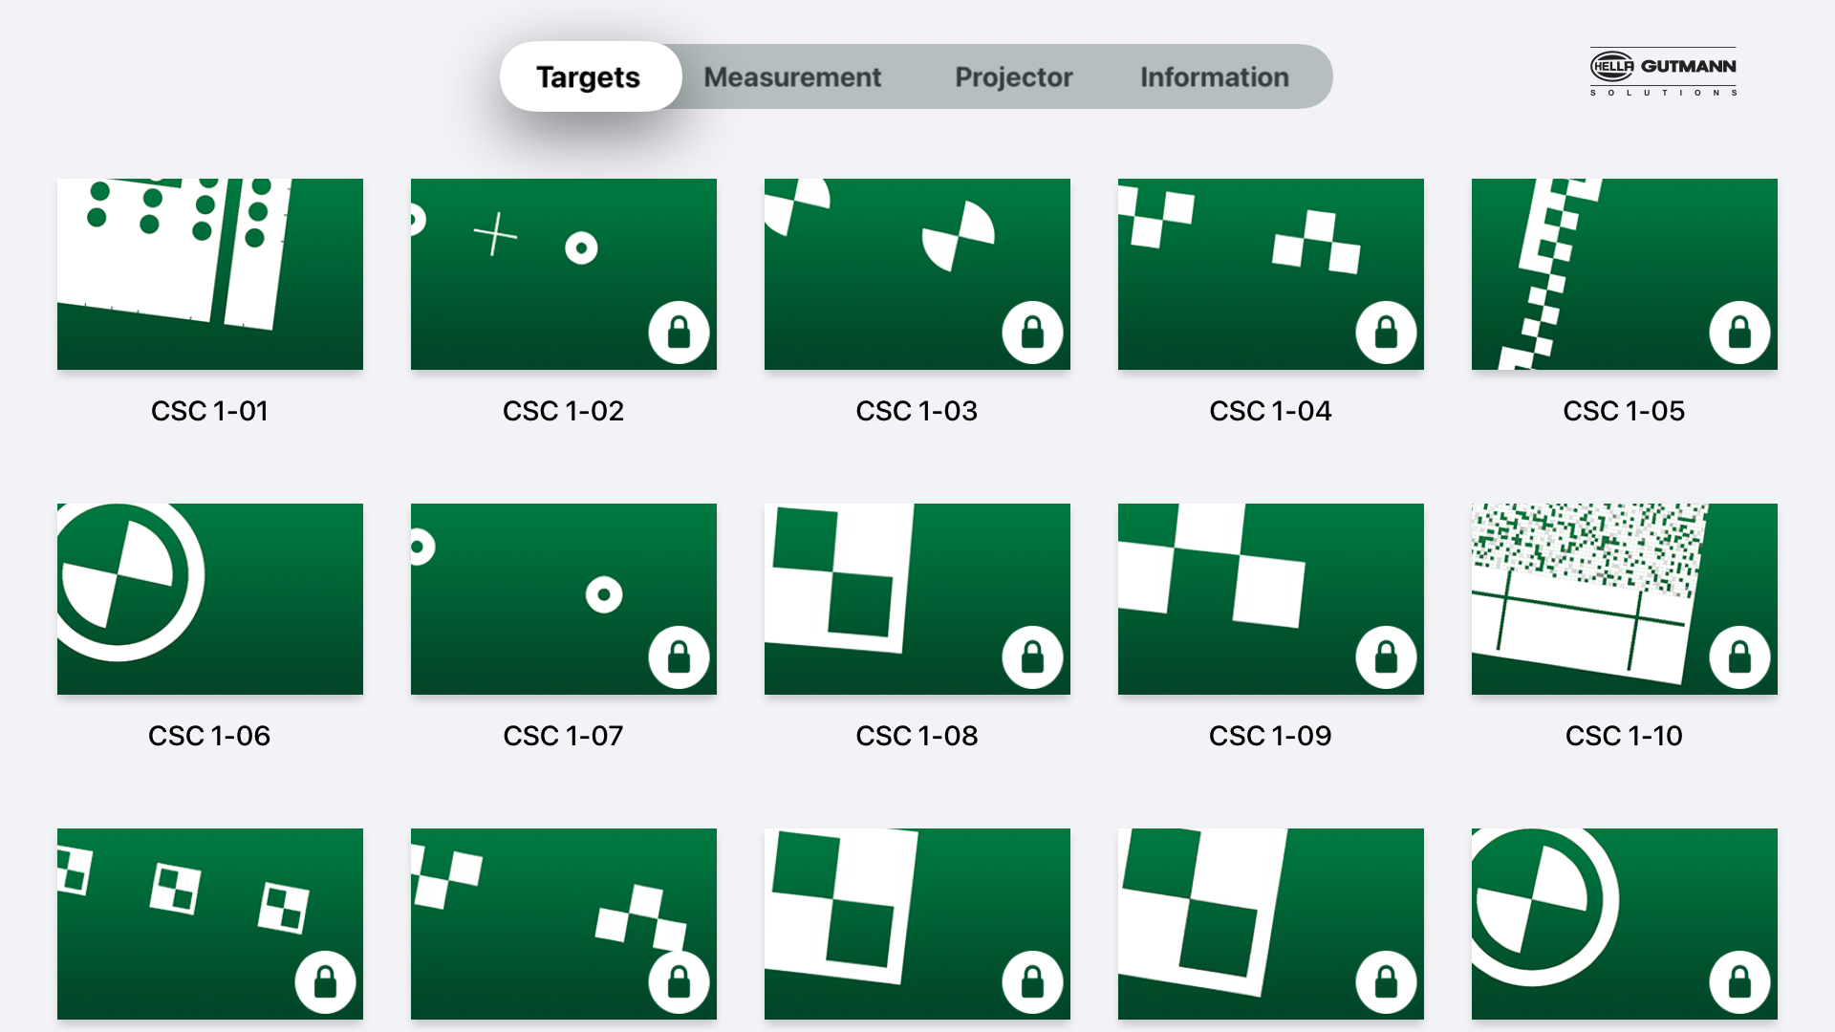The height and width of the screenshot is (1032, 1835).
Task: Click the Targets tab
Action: [x=589, y=76]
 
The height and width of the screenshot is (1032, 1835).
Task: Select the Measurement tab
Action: [x=792, y=76]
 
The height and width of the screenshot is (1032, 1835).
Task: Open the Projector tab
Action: [x=1013, y=76]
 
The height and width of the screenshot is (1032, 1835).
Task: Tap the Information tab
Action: [x=1214, y=76]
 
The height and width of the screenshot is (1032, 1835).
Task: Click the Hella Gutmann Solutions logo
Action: [x=1663, y=72]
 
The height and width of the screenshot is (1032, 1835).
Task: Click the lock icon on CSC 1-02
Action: [x=680, y=333]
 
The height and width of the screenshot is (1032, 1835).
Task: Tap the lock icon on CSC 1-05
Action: [x=1739, y=333]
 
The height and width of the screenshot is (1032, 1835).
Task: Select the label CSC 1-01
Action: [x=209, y=411]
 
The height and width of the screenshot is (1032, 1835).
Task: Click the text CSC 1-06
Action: [x=209, y=736]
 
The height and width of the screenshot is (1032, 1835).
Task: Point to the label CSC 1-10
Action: [x=1624, y=736]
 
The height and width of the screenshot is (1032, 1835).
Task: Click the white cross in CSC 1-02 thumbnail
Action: [x=495, y=234]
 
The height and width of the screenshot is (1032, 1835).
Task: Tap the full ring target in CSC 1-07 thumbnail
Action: [x=604, y=594]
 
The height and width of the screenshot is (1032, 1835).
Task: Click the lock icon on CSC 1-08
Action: [x=1032, y=657]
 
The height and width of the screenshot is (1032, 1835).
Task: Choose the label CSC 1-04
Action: [x=1270, y=411]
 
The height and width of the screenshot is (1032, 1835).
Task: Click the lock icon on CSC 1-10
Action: [x=1739, y=657]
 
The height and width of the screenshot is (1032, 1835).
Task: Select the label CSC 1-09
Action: [x=1270, y=736]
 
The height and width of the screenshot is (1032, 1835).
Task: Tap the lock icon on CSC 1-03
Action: [x=1032, y=333]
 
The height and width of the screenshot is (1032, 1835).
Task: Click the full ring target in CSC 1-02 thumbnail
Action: [x=581, y=248]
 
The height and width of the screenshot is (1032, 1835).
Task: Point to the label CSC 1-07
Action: [x=563, y=736]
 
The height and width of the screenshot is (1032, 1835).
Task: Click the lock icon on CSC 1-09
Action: [x=1386, y=657]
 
